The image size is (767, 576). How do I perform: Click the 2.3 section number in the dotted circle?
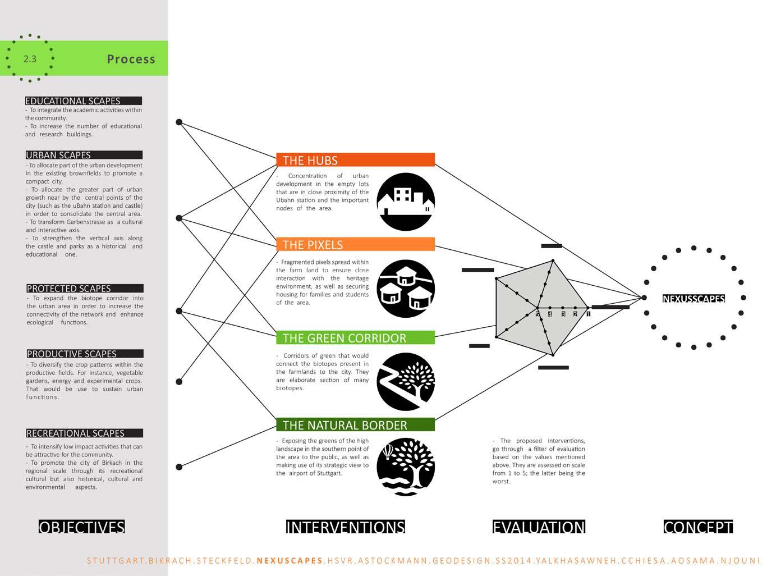[x=30, y=58]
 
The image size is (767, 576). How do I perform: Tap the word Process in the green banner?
[x=131, y=59]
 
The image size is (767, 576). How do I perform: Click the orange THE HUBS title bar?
[x=355, y=160]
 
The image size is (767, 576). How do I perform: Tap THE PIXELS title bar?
[x=355, y=244]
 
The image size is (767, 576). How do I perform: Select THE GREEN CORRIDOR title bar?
[x=355, y=338]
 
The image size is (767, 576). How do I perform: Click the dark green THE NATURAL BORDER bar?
[x=355, y=425]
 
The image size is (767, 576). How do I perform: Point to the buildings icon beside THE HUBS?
[x=406, y=202]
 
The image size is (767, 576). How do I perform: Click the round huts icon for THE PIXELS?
[x=406, y=289]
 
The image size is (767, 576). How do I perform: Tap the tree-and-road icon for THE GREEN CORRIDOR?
[x=406, y=382]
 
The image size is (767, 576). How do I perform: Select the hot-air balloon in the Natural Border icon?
[x=388, y=451]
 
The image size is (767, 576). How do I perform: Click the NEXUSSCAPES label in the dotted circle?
[x=693, y=299]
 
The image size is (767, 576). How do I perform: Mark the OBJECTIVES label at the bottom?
[x=82, y=527]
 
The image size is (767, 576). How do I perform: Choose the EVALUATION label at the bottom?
[x=539, y=527]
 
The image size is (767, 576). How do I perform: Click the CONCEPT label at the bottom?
[x=698, y=527]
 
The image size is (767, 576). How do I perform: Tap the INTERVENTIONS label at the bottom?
[x=345, y=527]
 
